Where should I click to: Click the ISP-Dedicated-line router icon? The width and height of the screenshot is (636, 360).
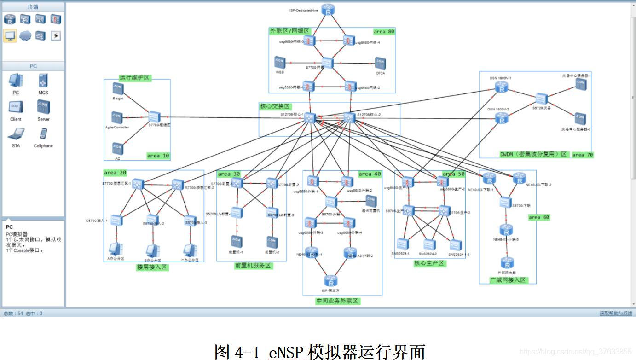click(x=328, y=10)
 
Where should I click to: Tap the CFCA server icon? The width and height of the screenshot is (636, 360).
click(x=380, y=63)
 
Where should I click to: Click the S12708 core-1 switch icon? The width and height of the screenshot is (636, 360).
click(x=310, y=117)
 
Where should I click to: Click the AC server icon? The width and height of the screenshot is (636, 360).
click(x=118, y=149)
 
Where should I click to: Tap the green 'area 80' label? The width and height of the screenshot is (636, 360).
click(x=384, y=32)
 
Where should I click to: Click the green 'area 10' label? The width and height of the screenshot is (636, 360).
click(x=158, y=156)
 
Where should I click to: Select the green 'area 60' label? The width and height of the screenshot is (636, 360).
click(x=538, y=217)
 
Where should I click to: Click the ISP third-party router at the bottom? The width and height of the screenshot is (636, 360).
click(x=330, y=281)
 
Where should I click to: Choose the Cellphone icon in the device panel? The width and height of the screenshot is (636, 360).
click(x=43, y=134)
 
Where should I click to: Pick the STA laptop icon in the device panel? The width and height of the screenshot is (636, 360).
click(x=16, y=134)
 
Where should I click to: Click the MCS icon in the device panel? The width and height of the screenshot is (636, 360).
click(x=43, y=81)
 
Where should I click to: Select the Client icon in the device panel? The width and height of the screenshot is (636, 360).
click(x=16, y=108)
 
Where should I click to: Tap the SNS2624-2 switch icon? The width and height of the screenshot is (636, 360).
click(x=429, y=245)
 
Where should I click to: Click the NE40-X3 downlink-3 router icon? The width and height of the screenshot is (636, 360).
click(x=506, y=230)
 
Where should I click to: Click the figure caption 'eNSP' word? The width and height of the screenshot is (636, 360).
click(x=286, y=352)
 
